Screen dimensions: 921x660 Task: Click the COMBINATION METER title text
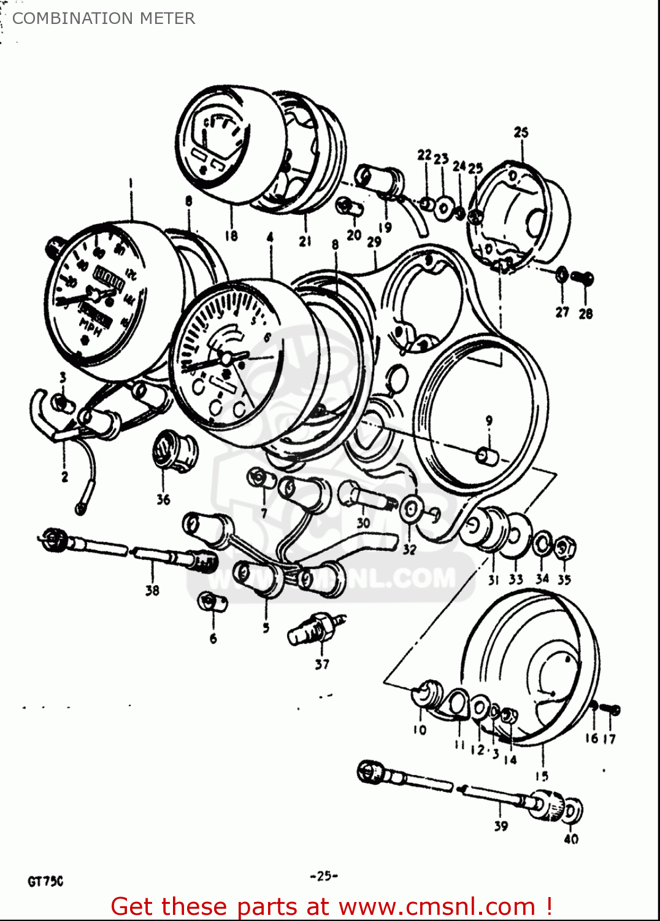click(x=104, y=18)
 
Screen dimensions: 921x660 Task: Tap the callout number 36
click(x=163, y=500)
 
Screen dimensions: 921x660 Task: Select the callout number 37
click(x=322, y=664)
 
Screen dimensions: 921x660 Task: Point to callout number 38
click(x=152, y=590)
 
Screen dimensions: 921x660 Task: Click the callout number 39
click(x=501, y=826)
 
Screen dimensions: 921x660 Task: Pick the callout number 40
click(x=571, y=839)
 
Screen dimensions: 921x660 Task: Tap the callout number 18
click(x=231, y=236)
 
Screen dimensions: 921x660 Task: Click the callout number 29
click(x=374, y=242)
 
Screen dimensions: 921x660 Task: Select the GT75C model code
click(x=45, y=882)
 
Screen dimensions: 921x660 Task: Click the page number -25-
click(x=324, y=876)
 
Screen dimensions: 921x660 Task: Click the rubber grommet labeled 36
click(x=174, y=451)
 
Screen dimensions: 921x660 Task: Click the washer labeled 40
click(x=572, y=811)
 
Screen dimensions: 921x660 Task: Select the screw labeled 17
click(x=611, y=710)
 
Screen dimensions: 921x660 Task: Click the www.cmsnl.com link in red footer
click(x=437, y=906)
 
